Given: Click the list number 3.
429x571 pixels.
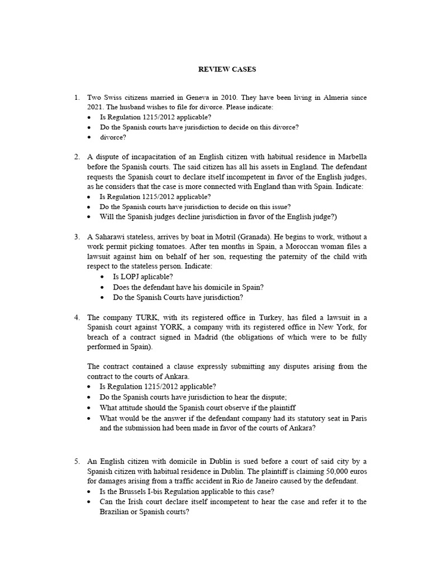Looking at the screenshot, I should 77,237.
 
